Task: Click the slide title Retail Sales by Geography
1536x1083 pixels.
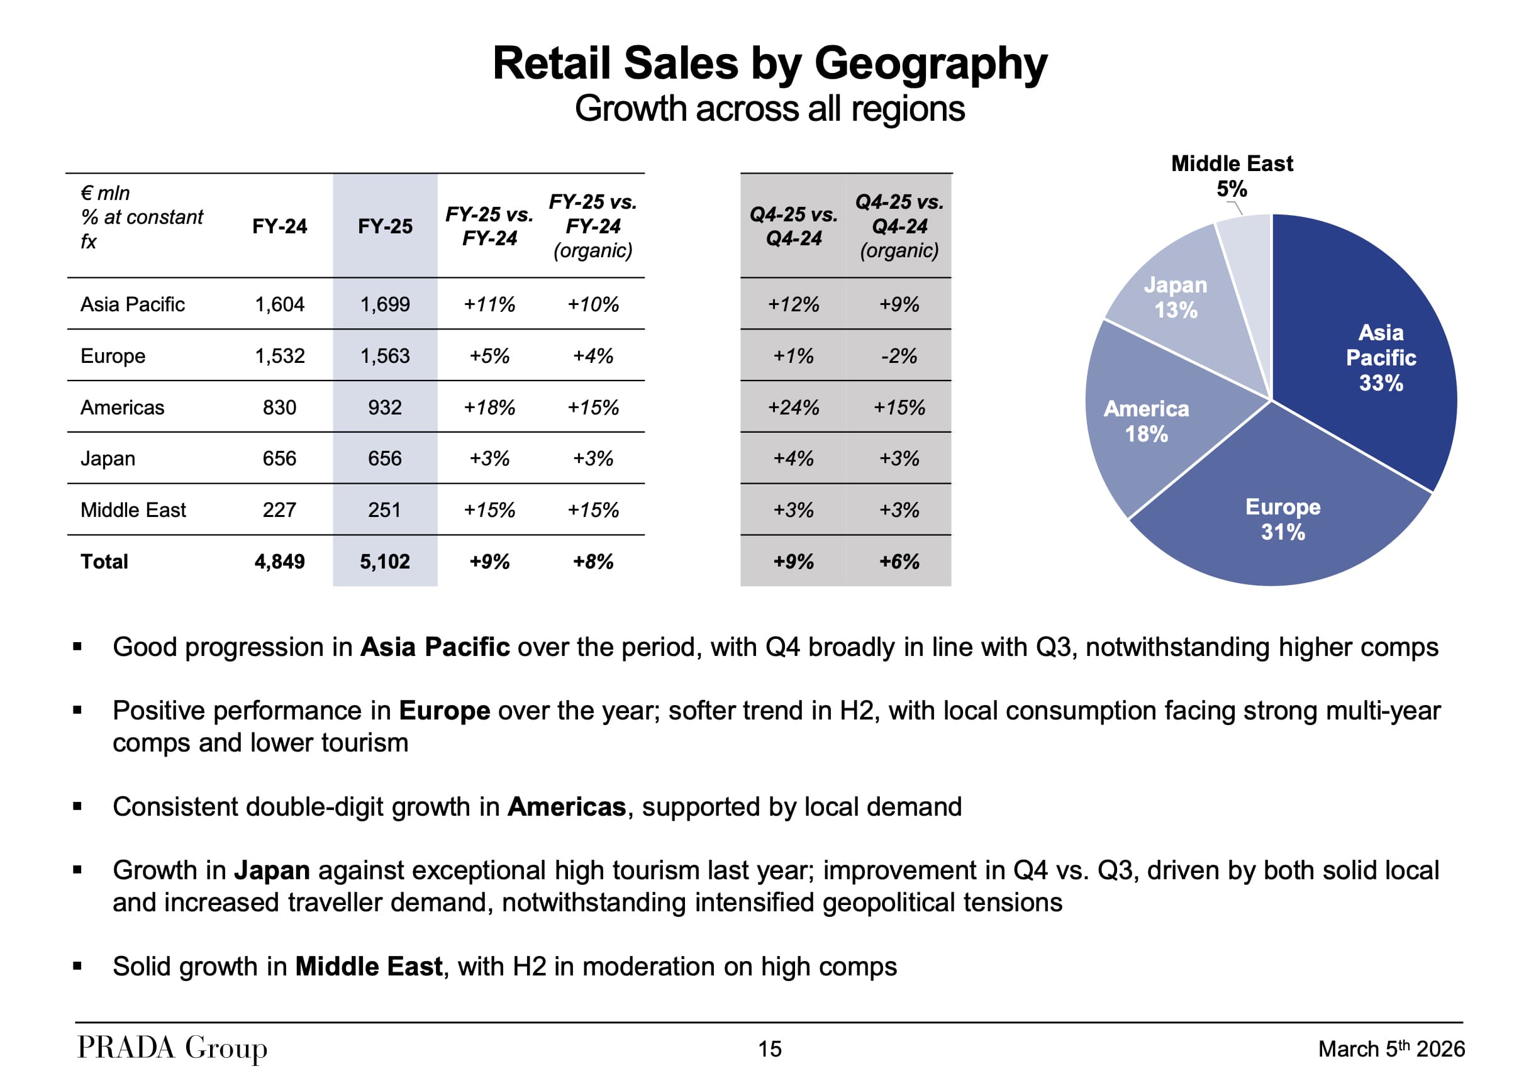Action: [769, 64]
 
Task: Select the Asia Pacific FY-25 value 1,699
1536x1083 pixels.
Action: [385, 304]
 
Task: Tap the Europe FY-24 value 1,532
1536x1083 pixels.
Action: [280, 356]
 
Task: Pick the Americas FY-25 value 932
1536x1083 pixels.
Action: [385, 408]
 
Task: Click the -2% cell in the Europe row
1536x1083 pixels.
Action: [898, 356]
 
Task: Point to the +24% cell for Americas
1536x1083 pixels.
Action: [793, 408]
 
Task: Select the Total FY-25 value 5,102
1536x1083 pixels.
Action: [385, 561]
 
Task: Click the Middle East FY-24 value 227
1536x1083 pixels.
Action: [280, 509]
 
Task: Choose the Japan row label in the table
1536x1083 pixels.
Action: [108, 459]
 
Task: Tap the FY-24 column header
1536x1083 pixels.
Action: [280, 226]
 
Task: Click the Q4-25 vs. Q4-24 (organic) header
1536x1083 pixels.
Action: [898, 226]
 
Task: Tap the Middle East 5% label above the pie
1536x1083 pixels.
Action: [1232, 175]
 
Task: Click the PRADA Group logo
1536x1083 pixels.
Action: [172, 1048]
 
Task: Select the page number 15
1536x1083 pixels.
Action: [769, 1049]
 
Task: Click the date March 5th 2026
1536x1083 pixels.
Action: [1391, 1048]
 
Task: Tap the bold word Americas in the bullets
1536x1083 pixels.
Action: [567, 807]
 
